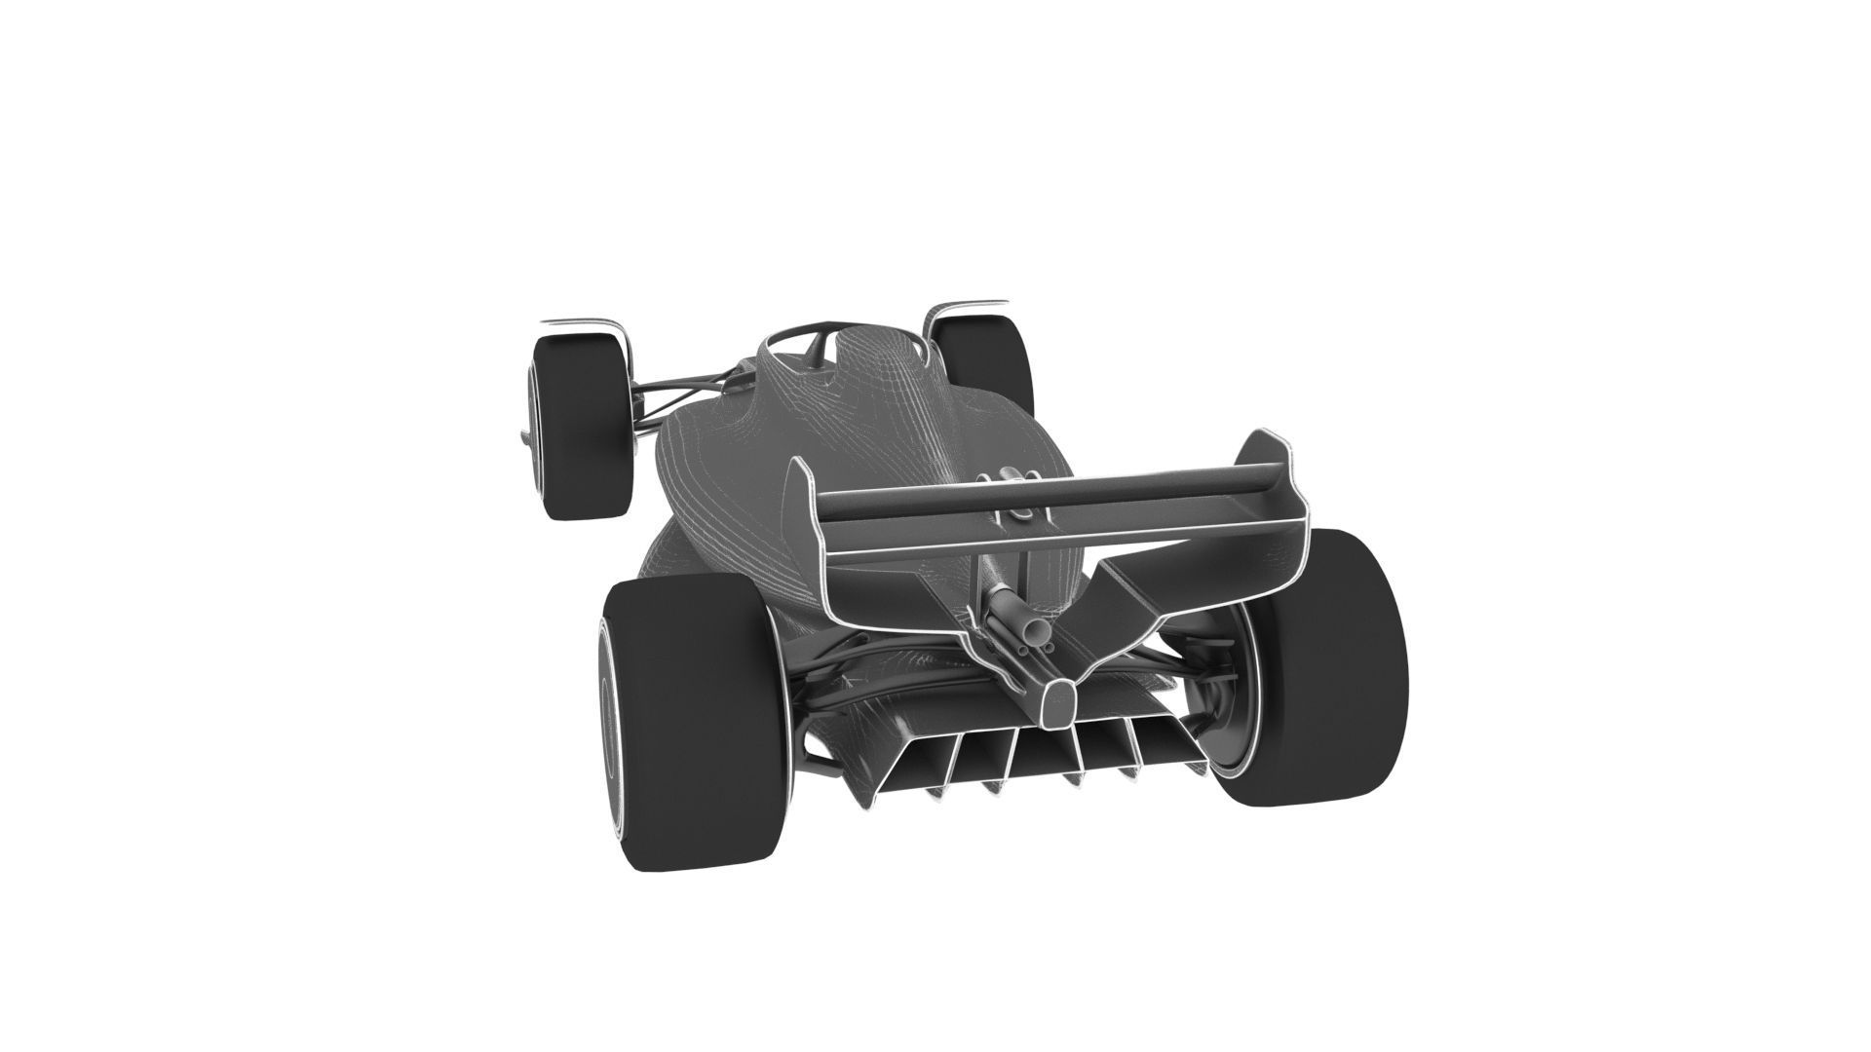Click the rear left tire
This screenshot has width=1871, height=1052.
682,721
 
